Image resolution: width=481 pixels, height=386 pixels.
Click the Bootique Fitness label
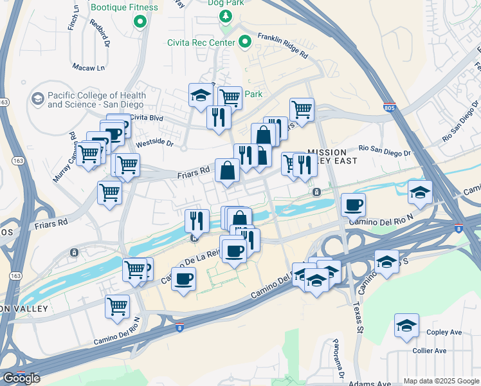point(124,8)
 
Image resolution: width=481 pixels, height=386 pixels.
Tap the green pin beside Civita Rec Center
point(245,43)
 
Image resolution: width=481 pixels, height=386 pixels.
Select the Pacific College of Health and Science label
point(96,100)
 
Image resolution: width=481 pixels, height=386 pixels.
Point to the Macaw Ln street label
point(88,68)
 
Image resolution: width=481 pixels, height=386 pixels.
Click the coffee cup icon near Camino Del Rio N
point(353,206)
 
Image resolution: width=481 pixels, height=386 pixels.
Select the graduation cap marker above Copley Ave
point(406,326)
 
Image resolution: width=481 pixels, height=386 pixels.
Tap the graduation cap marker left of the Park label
point(201,96)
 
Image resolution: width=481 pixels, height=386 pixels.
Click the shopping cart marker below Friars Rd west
point(110,192)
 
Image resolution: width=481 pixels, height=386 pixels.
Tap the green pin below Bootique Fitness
point(140,23)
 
